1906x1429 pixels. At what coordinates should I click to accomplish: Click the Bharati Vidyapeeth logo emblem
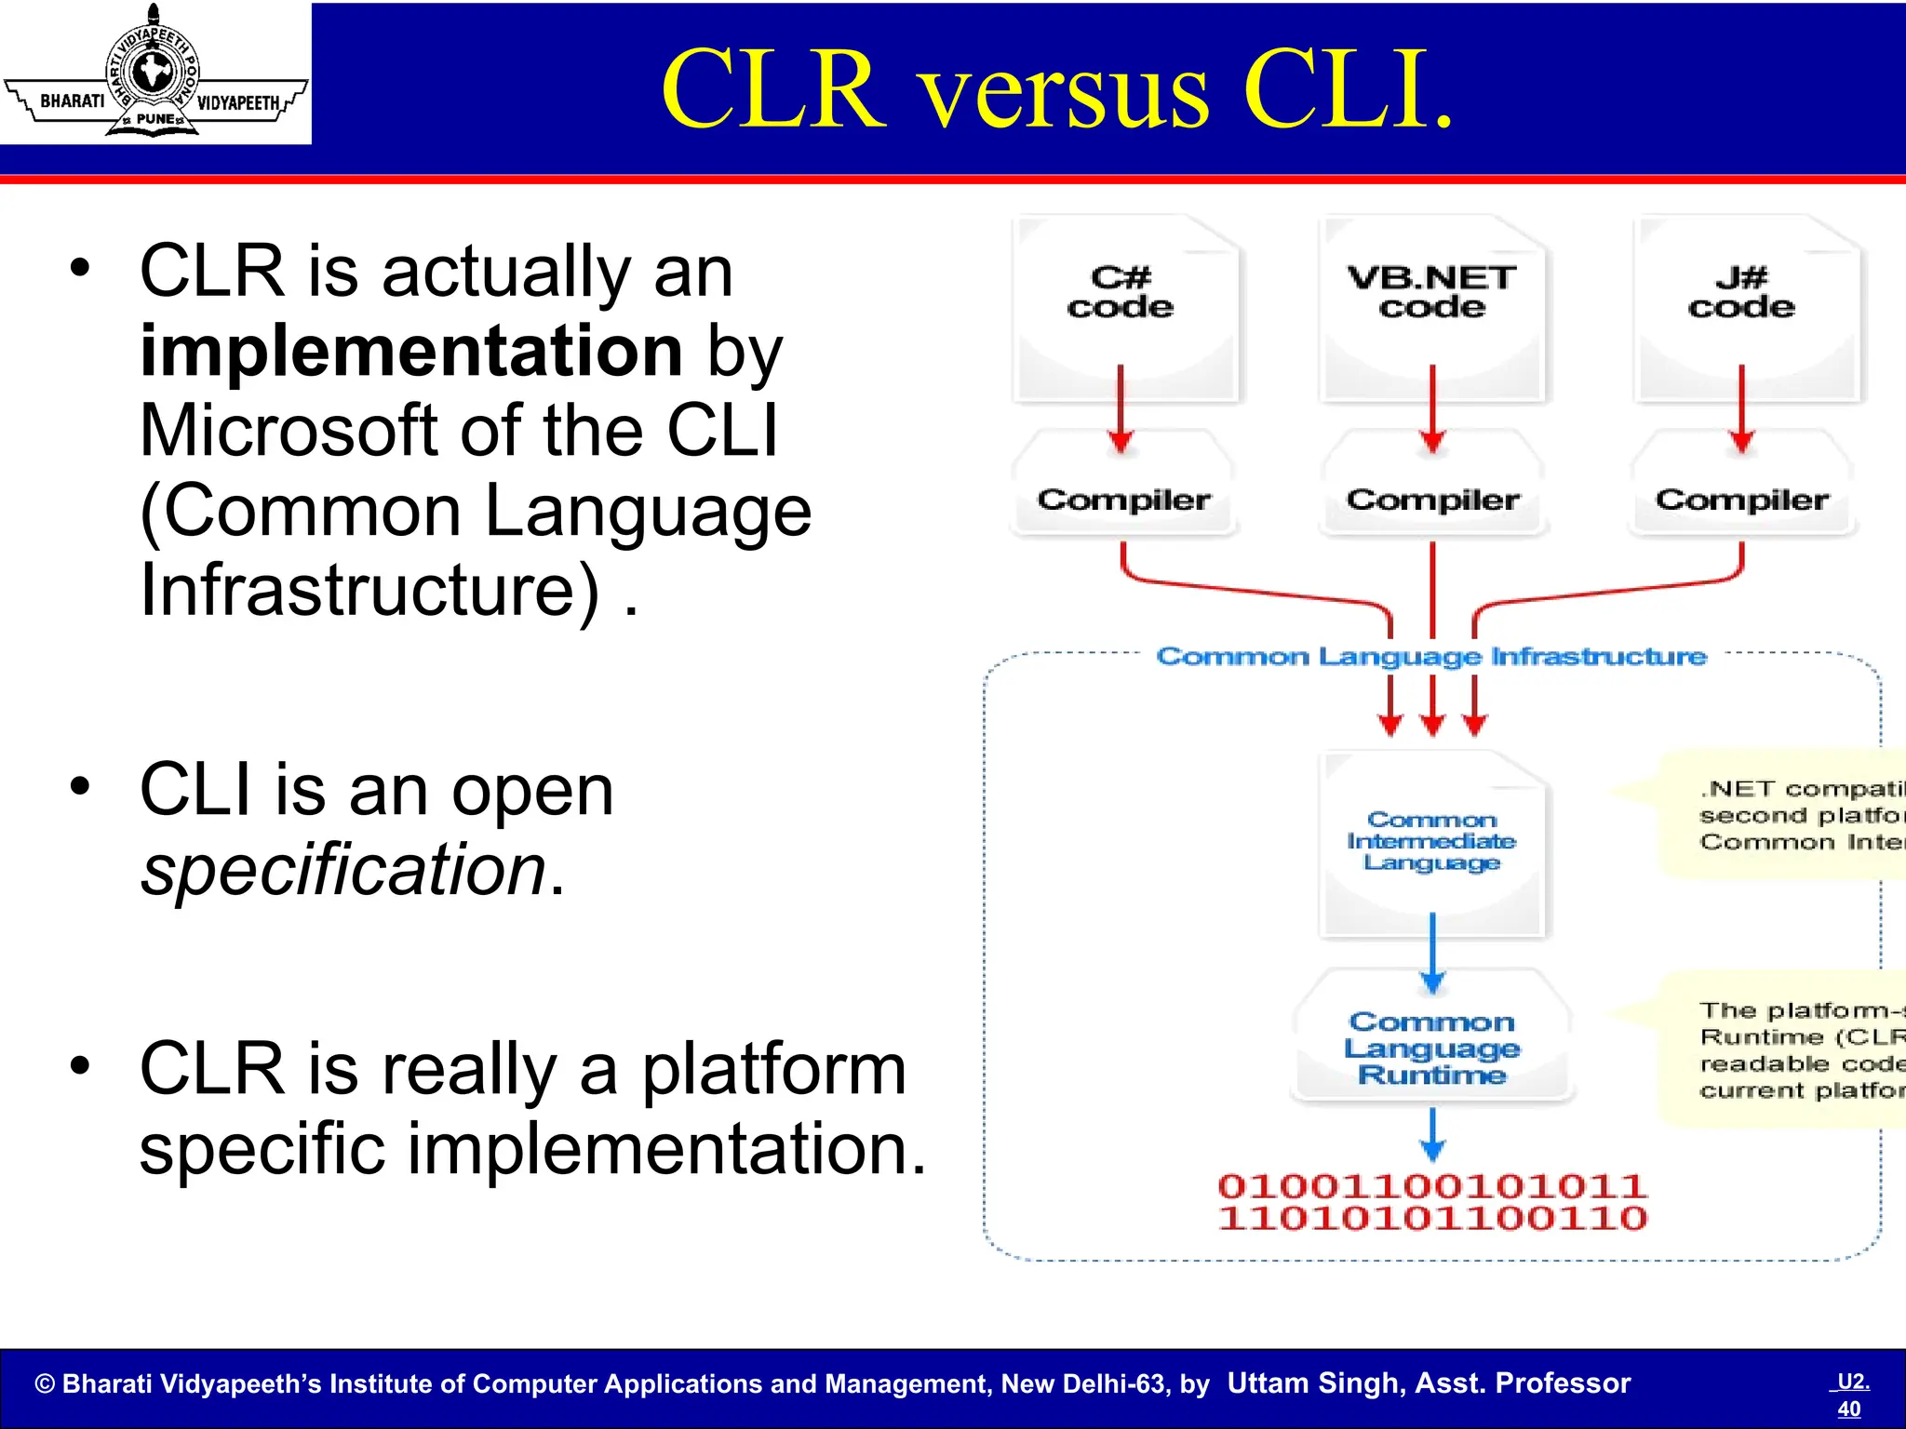[154, 73]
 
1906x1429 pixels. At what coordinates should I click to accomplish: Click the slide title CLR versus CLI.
[1056, 90]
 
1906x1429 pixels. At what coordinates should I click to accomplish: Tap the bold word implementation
[411, 351]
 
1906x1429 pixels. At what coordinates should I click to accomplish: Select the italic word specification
[342, 869]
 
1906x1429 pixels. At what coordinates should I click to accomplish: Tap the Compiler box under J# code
[1742, 500]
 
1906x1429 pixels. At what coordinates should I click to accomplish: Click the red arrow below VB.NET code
[1432, 409]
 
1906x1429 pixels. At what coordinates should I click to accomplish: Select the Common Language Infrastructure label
[1431, 657]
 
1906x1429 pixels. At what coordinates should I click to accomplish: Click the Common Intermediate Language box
[1432, 842]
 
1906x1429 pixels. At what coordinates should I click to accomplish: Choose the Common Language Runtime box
[1432, 1048]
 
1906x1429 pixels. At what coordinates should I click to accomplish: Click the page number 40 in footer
[1849, 1409]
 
